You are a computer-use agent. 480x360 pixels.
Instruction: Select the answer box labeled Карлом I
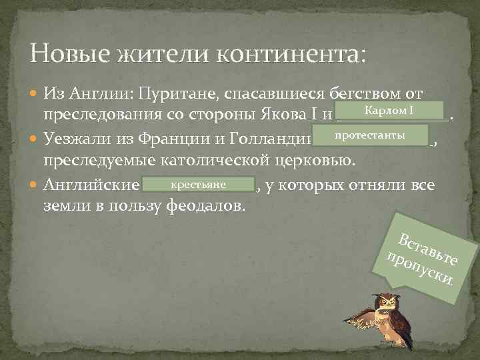point(389,110)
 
